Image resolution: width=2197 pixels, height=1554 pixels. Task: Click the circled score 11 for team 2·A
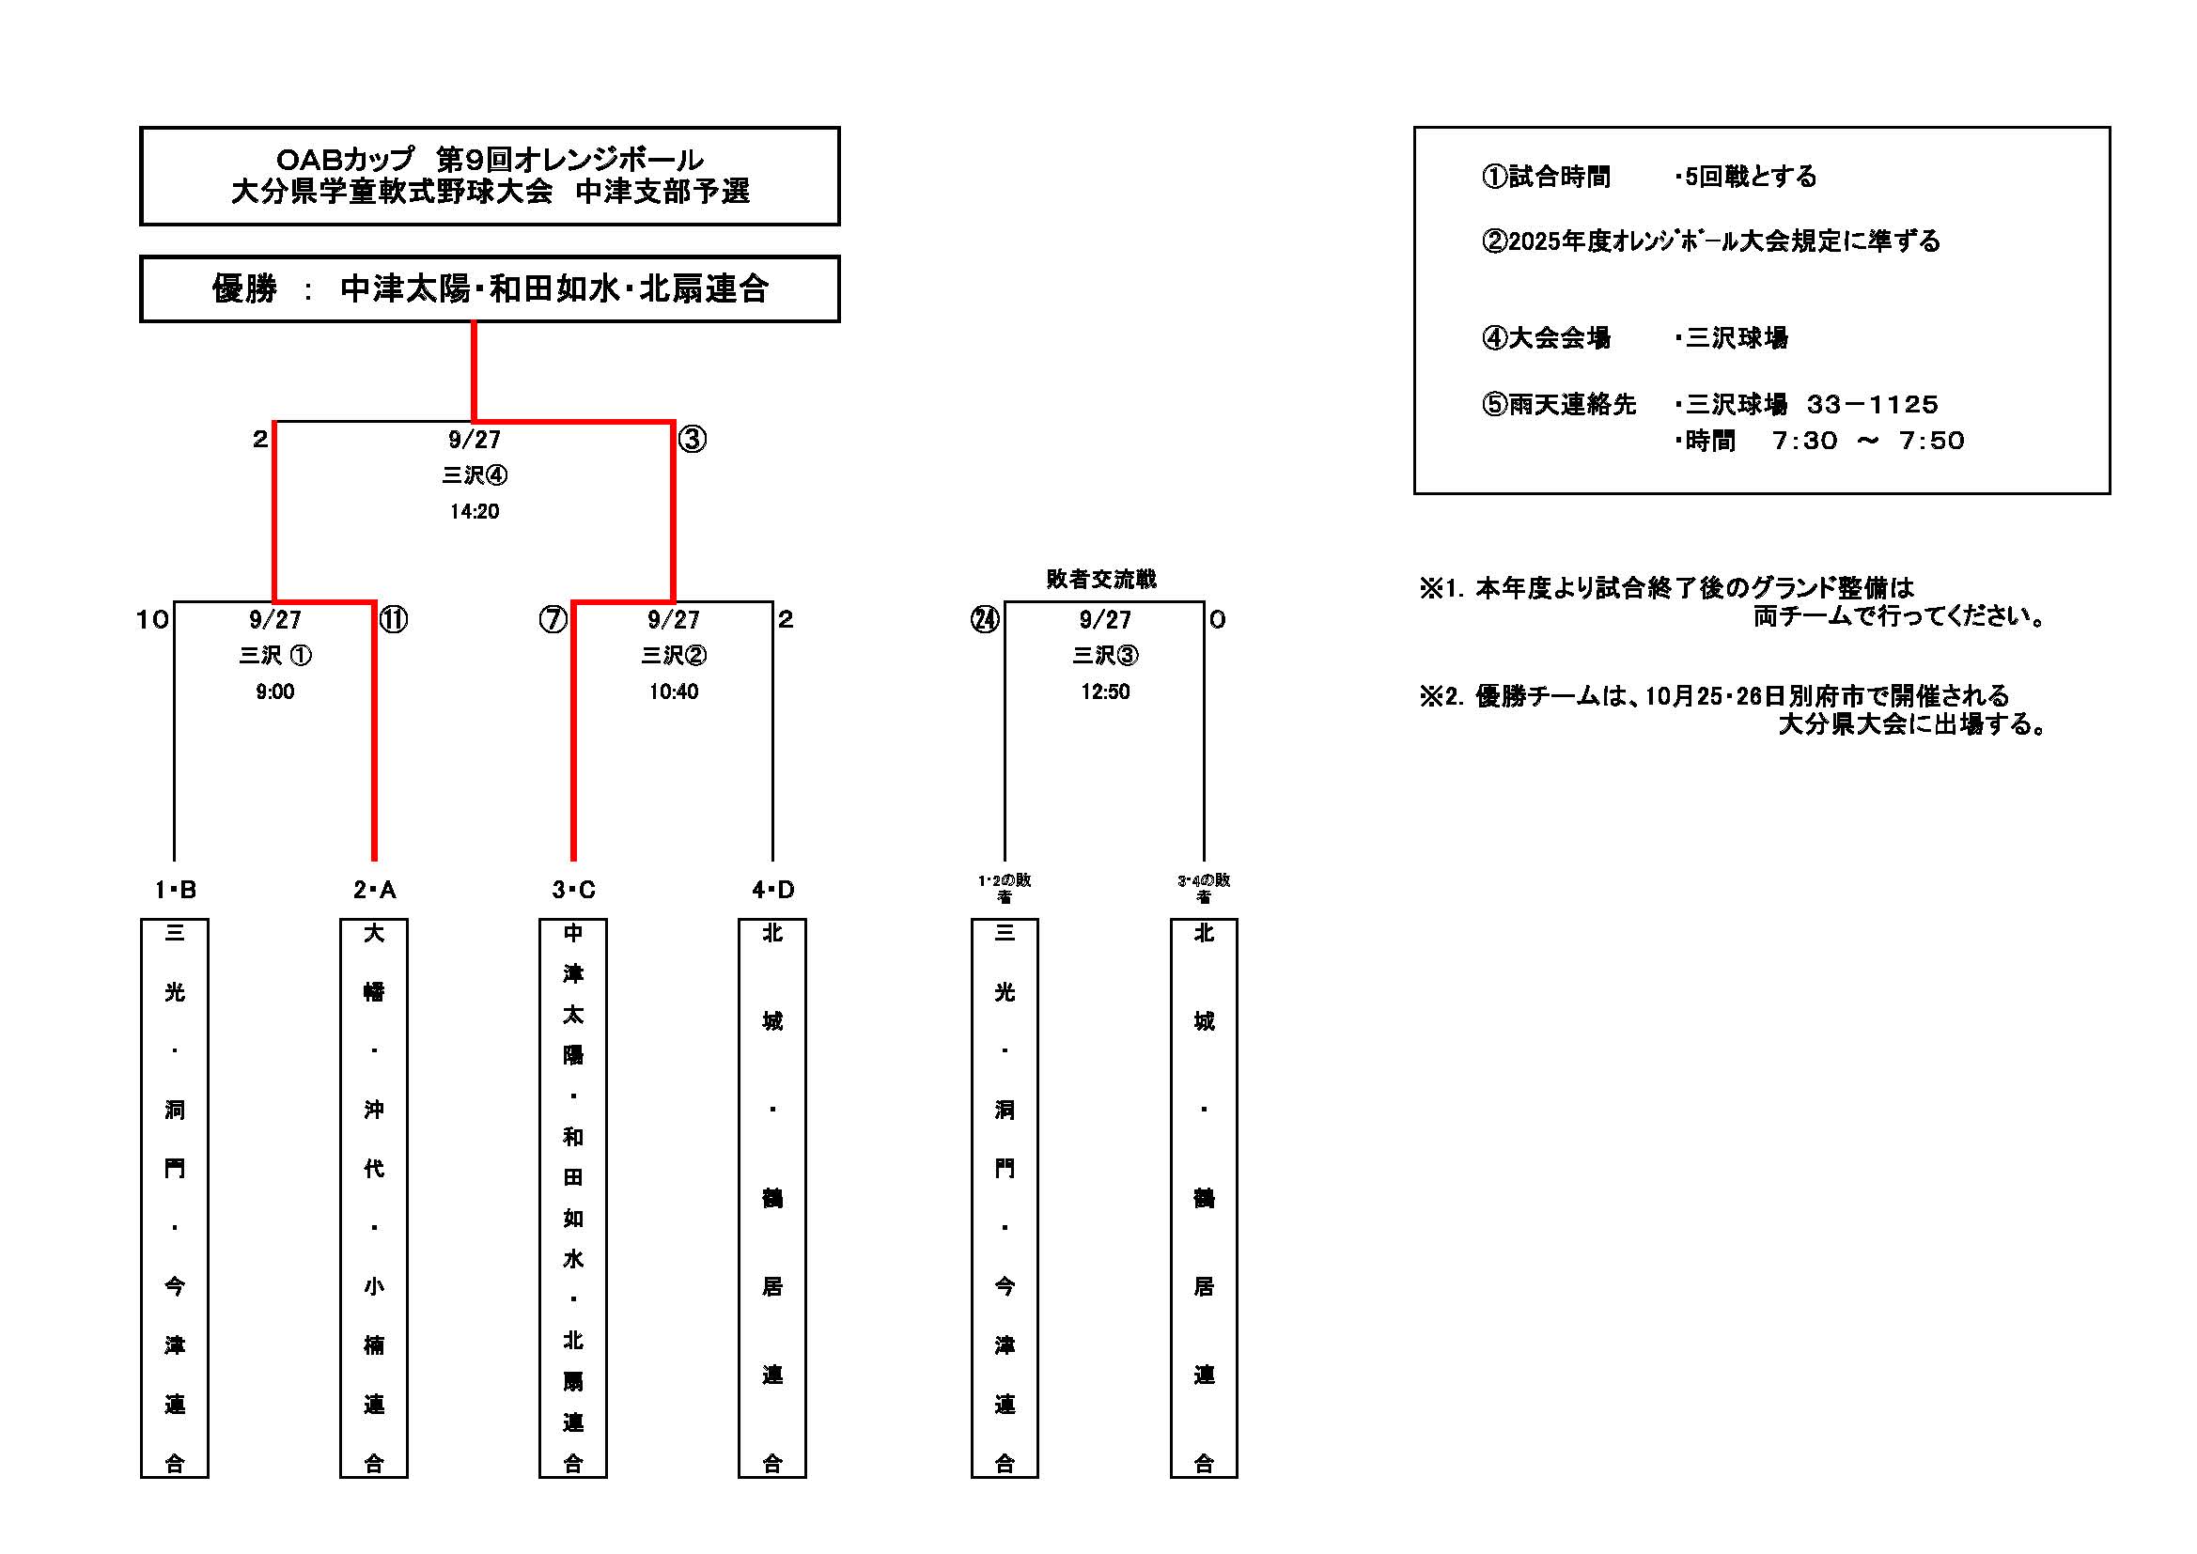(x=394, y=620)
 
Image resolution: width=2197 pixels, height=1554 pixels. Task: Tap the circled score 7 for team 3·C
(x=553, y=620)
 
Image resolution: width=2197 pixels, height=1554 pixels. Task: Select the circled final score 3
(x=692, y=440)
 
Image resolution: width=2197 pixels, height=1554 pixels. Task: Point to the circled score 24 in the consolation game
(x=985, y=620)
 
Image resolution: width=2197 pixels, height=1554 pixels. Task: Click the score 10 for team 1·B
(x=152, y=620)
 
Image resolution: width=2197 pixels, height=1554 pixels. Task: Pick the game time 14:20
(x=475, y=512)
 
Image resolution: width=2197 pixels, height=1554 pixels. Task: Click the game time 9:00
(x=274, y=692)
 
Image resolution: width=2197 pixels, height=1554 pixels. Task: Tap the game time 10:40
(x=674, y=692)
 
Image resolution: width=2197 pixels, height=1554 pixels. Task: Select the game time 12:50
(x=1105, y=692)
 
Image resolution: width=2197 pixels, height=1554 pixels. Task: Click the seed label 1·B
(x=175, y=890)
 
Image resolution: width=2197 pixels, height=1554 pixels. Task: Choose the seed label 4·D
(x=772, y=890)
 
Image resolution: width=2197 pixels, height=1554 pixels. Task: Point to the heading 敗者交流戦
(x=1101, y=579)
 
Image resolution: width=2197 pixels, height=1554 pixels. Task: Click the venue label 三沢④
(x=475, y=475)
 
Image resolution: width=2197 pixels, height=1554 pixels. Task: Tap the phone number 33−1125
(x=1872, y=405)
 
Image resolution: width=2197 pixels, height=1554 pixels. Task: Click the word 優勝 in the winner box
(x=245, y=289)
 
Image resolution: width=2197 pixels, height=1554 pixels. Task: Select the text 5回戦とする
(x=1750, y=177)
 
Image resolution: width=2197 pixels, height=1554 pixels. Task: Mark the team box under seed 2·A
(x=374, y=1197)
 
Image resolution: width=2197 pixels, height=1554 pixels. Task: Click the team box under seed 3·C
(x=573, y=1197)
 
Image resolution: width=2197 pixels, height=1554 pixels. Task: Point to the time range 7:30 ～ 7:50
(x=1868, y=442)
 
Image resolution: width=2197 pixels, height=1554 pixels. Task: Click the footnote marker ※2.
(x=1441, y=695)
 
